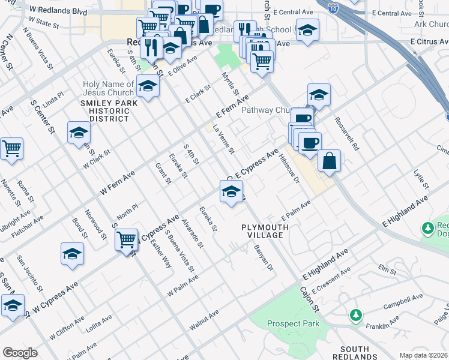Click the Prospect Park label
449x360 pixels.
click(x=293, y=323)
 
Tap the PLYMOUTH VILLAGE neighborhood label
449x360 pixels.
click(x=265, y=231)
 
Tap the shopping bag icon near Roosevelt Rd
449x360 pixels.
click(x=330, y=161)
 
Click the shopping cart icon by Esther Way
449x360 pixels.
click(x=127, y=240)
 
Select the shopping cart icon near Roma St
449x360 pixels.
click(x=11, y=148)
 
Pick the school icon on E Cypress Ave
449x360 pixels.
click(x=231, y=192)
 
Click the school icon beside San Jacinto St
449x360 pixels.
click(x=72, y=254)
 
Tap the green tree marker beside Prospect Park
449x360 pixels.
click(x=356, y=314)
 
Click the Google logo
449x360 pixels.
click(x=20, y=353)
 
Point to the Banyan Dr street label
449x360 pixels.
click(x=263, y=257)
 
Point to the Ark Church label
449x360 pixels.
click(x=431, y=24)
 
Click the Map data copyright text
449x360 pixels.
click(x=424, y=355)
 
